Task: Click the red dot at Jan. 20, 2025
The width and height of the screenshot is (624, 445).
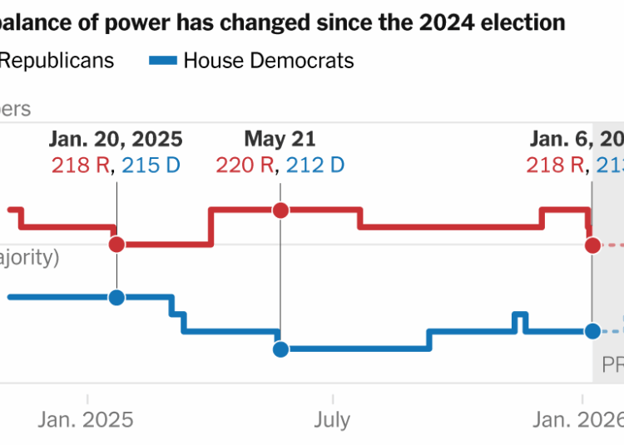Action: pyautogui.click(x=116, y=244)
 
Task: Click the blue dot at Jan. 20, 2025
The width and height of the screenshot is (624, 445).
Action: pyautogui.click(x=116, y=297)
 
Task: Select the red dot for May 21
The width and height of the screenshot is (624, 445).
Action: pyautogui.click(x=280, y=209)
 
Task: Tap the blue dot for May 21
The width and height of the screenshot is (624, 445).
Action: pyautogui.click(x=280, y=349)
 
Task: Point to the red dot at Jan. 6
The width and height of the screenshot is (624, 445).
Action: pyautogui.click(x=592, y=245)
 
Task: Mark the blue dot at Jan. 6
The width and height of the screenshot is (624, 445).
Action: pyautogui.click(x=592, y=331)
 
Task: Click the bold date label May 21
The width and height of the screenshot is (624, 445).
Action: pyautogui.click(x=280, y=139)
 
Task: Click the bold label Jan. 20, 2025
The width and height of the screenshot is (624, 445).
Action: pyautogui.click(x=116, y=139)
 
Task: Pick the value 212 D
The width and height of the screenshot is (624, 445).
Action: pyautogui.click(x=314, y=165)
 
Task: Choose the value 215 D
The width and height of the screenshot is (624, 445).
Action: pyautogui.click(x=151, y=165)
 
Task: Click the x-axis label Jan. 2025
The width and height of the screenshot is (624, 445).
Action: pyautogui.click(x=86, y=419)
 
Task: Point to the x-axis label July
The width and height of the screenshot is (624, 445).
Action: pyautogui.click(x=332, y=419)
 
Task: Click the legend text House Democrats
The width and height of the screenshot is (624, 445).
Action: pyautogui.click(x=268, y=61)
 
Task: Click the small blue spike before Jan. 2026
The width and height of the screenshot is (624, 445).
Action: pyautogui.click(x=520, y=316)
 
